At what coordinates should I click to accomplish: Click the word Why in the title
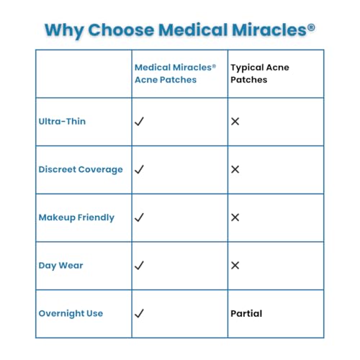[64, 31]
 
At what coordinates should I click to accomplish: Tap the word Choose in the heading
[121, 30]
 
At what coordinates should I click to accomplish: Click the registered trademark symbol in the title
[311, 28]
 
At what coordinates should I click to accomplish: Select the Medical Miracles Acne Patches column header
[175, 73]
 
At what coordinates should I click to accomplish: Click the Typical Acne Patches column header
[260, 73]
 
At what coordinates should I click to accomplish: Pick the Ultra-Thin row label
[62, 122]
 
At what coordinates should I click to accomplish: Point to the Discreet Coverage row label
[81, 170]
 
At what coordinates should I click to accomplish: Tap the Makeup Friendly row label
[76, 217]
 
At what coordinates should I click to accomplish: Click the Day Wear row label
[60, 266]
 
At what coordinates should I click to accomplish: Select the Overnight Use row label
[71, 314]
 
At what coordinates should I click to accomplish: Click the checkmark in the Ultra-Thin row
[139, 122]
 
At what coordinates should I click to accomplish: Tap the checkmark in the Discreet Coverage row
[139, 169]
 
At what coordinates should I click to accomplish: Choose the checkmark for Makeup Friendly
[139, 217]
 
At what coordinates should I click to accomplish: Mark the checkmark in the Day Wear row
[139, 266]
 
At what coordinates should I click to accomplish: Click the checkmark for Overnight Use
[139, 313]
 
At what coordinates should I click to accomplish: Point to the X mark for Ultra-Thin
[235, 122]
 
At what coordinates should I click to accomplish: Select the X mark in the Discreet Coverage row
[235, 169]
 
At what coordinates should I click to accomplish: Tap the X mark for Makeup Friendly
[235, 217]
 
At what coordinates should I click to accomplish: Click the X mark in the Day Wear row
[235, 266]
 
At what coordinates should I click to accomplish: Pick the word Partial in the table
[246, 314]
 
